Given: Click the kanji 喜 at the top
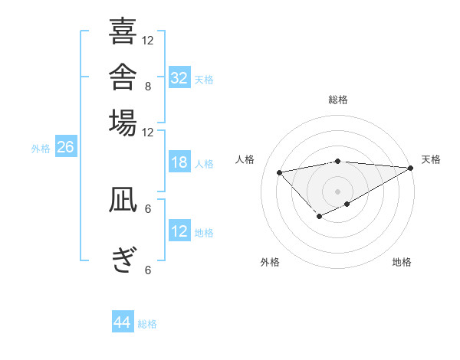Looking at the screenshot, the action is [123, 31].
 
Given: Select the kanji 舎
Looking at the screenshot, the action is [123, 77].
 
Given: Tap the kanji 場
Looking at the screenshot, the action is [123, 123].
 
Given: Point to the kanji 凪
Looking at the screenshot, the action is [123, 199].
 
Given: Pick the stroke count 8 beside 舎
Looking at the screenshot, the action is [148, 87].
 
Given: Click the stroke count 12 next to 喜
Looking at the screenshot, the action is [147, 41].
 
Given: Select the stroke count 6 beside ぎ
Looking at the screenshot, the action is [148, 270].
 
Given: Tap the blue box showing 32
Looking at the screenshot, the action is [179, 77].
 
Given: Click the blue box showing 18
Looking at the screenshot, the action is [179, 162].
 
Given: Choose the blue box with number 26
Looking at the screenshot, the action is [66, 146].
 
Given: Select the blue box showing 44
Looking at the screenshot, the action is [123, 321].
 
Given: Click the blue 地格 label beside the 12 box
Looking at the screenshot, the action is [204, 233].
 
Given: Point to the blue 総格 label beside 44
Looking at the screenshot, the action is [147, 324].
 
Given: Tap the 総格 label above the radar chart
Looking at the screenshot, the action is [338, 100].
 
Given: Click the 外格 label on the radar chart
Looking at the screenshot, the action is [270, 262].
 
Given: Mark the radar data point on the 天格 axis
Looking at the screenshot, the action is [411, 168].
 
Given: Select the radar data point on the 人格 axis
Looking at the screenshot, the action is [279, 172].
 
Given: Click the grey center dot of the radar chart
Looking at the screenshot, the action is [337, 191].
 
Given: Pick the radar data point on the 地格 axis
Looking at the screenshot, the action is [347, 204].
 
